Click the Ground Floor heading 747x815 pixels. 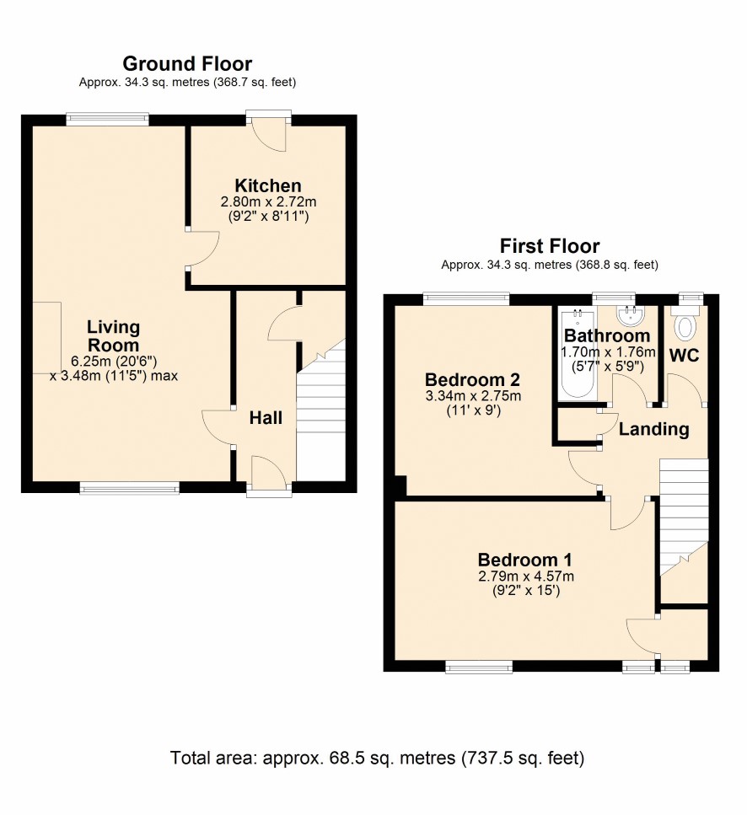click(187, 64)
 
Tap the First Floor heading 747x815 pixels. click(550, 246)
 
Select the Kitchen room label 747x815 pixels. click(268, 185)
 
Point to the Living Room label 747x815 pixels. click(113, 335)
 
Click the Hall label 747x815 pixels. click(266, 418)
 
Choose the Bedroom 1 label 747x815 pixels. click(525, 560)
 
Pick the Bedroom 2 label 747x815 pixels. click(472, 380)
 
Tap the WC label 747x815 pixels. click(684, 356)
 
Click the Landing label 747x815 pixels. click(654, 429)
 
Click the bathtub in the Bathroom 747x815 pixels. click(577, 355)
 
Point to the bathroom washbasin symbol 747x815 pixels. click(631, 314)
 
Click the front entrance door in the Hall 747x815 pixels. click(268, 473)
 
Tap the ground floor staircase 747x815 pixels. click(320, 410)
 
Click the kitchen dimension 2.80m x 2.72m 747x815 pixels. click(268, 201)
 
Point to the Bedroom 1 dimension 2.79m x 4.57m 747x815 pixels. click(525, 576)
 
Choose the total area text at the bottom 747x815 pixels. click(377, 758)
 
